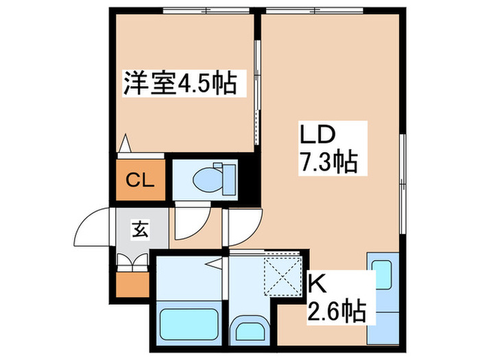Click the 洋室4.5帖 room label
pos(180,84)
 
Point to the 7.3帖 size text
pos(327,163)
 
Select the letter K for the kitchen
pos(315,283)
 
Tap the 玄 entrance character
pos(139,229)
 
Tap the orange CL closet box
pos(139,180)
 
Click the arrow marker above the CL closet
pos(124,145)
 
